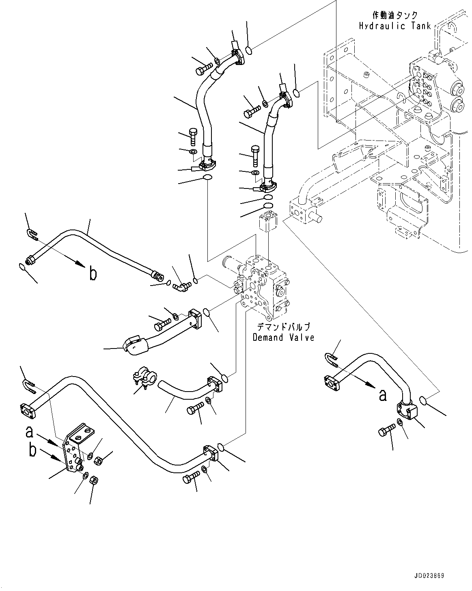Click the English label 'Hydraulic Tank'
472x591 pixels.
click(394, 26)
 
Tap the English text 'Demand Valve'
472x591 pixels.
click(283, 338)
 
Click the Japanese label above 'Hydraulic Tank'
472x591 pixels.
click(394, 15)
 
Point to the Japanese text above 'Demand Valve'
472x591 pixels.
click(283, 327)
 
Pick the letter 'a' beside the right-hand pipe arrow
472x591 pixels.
click(382, 394)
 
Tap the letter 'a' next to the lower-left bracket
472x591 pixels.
click(29, 431)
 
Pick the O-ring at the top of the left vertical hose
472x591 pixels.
click(250, 50)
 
